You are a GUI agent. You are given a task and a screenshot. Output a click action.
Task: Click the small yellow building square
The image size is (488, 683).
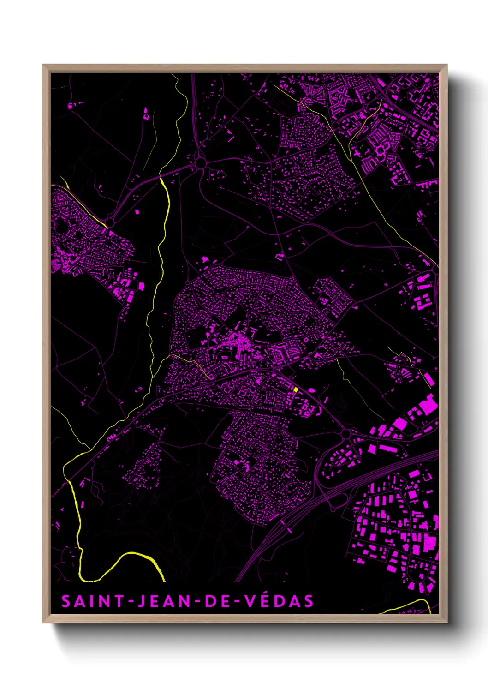[x=296, y=389]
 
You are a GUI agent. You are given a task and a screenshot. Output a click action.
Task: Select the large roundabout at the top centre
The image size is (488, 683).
[x=200, y=162]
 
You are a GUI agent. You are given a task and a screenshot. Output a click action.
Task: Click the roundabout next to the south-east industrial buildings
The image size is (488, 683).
[x=346, y=434]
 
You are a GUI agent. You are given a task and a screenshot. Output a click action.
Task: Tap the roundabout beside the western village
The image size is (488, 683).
[x=110, y=222]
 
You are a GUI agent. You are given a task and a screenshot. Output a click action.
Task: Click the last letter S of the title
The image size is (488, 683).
[x=309, y=601]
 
